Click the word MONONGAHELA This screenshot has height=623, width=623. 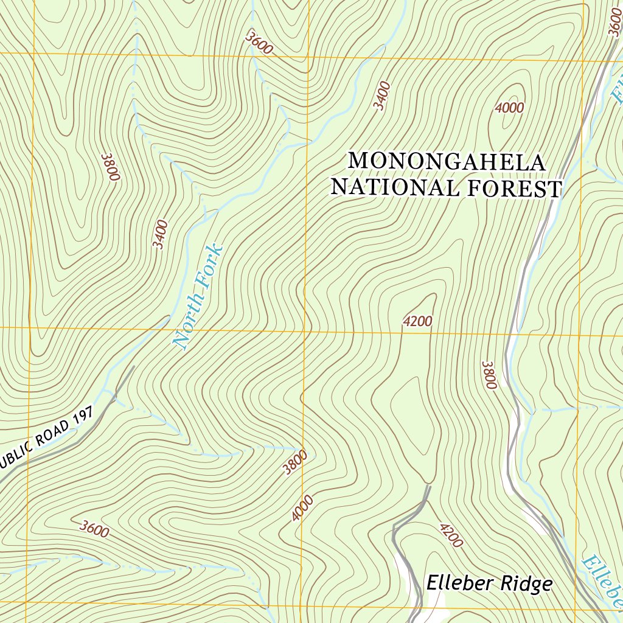447,162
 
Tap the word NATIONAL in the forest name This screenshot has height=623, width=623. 394,188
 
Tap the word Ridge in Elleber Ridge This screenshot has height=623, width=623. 526,584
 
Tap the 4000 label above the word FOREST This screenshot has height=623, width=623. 509,108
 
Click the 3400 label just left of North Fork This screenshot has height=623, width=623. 160,234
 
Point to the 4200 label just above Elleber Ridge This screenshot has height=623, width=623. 451,535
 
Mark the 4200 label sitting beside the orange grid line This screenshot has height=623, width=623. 417,321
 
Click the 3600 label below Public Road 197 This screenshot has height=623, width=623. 94,529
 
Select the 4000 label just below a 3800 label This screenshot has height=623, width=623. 302,508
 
